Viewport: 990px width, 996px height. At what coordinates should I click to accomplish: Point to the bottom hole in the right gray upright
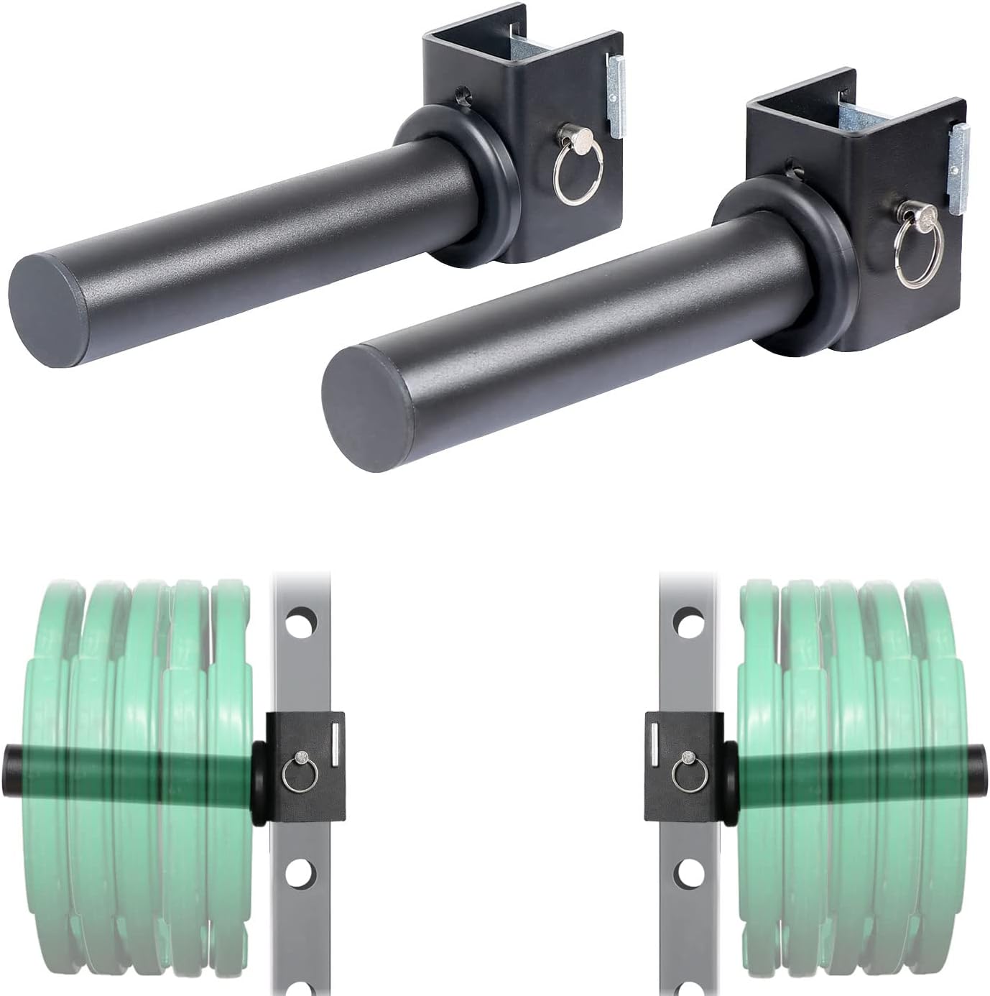click(688, 874)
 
